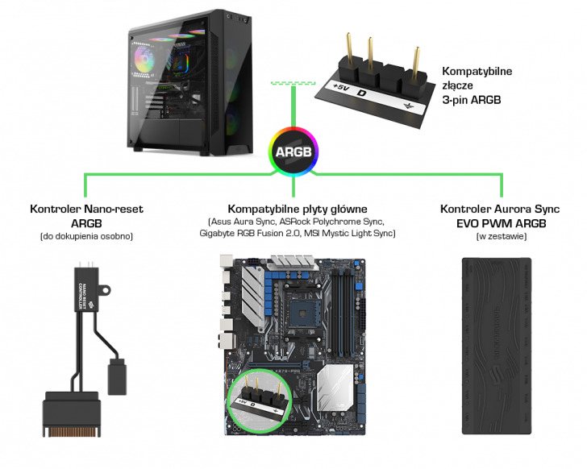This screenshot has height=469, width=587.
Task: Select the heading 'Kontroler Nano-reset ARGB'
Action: click(x=86, y=216)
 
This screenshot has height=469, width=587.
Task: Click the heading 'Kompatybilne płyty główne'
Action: click(x=298, y=208)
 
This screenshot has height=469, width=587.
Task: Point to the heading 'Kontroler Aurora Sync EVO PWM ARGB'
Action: click(x=495, y=216)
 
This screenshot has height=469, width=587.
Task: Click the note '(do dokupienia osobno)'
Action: click(x=86, y=236)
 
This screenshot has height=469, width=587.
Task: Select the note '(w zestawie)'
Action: click(x=495, y=236)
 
